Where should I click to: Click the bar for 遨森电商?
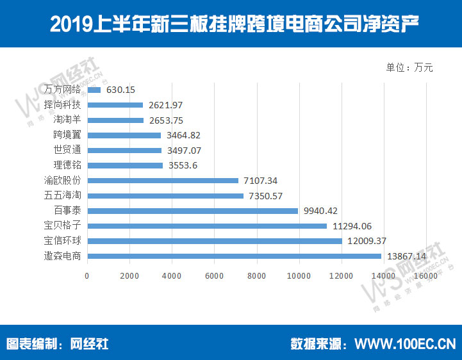click(x=234, y=256)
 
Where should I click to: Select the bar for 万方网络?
click(x=94, y=90)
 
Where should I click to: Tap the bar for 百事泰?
click(x=192, y=210)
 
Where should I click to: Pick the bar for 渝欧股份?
click(x=162, y=181)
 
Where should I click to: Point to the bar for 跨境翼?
click(x=124, y=135)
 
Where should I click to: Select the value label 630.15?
click(x=120, y=90)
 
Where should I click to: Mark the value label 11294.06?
click(x=351, y=225)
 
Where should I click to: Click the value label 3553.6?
click(x=184, y=165)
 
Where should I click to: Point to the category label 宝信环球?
click(x=62, y=241)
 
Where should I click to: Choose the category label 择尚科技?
click(x=62, y=105)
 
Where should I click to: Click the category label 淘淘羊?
click(x=67, y=120)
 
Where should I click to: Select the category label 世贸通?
click(x=67, y=150)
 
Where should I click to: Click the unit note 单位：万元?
click(x=409, y=67)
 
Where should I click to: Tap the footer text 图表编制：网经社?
click(x=57, y=343)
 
